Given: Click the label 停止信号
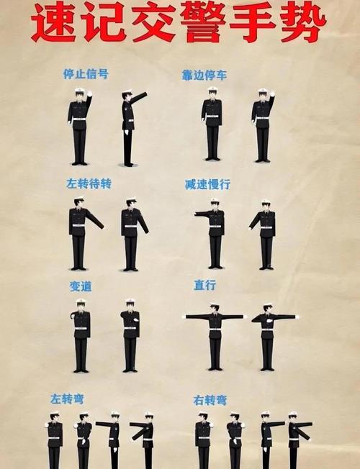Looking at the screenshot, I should click(86, 74).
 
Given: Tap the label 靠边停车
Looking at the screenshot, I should click(204, 75).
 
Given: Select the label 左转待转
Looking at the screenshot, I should click(89, 183).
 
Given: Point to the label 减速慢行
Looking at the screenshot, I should click(207, 185).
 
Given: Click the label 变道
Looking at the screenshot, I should click(81, 286).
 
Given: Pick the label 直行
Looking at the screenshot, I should click(204, 286).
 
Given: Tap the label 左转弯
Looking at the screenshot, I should click(66, 399).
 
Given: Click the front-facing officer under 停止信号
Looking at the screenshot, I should click(79, 126).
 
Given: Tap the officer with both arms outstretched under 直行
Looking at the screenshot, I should click(215, 336).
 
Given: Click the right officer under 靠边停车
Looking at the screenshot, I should click(263, 125).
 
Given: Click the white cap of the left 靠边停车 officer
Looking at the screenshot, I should click(212, 90).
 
